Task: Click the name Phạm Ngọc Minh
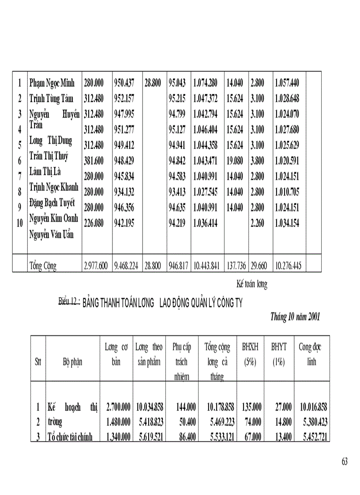[x=52, y=83]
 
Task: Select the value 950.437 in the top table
[x=124, y=83]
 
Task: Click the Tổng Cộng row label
[x=43, y=266]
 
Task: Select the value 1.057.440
[x=287, y=83]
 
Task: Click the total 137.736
[x=236, y=266]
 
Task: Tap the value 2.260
[x=257, y=223]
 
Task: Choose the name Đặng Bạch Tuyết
[x=52, y=203]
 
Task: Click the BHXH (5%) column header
[x=250, y=355]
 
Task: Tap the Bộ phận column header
[x=72, y=362]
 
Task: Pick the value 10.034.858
[x=149, y=407]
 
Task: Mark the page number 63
[x=345, y=462]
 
